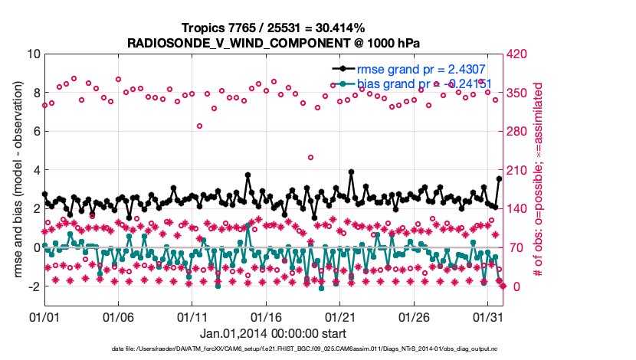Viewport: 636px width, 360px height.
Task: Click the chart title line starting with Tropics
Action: coord(273,28)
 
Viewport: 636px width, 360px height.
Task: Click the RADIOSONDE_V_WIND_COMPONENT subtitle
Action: coord(273,42)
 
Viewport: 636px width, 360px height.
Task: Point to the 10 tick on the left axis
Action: coord(33,54)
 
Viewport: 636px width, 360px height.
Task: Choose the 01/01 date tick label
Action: coord(44,316)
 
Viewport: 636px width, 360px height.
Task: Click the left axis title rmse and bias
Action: coord(16,181)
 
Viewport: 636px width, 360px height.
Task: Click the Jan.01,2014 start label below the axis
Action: coord(273,333)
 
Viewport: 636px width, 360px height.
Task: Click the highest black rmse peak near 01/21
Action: coord(351,172)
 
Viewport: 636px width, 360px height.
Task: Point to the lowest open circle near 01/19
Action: coord(310,157)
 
